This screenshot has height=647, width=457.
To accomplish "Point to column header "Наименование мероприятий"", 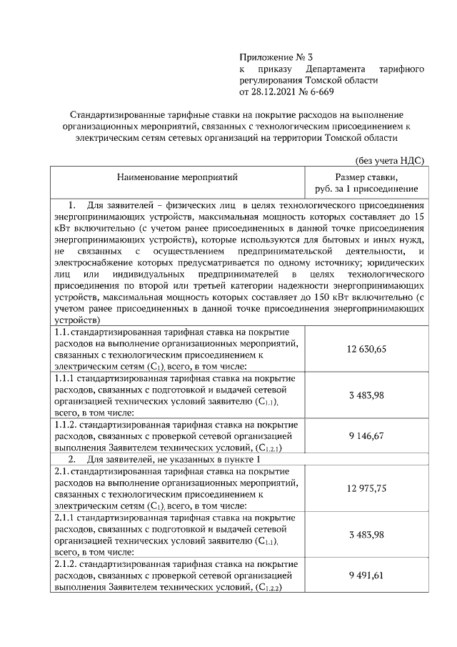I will tap(178, 176).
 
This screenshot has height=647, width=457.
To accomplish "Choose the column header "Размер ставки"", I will tap(366, 176).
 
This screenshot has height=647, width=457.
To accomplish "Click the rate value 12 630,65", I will tap(366, 349).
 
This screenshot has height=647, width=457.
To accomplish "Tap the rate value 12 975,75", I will tap(366, 488).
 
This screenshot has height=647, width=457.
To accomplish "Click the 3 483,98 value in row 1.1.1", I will tap(366, 395).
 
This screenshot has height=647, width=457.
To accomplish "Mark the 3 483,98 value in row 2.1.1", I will tap(366, 535).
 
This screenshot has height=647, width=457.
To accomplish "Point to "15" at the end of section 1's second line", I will tap(419, 216).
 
